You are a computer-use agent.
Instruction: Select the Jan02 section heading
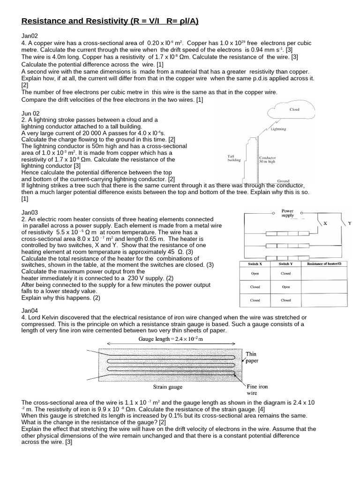pos(30,36)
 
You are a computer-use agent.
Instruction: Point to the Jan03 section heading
pos(30,212)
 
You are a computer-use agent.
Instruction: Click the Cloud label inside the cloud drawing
pos(294,110)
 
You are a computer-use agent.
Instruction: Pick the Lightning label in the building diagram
pos(278,128)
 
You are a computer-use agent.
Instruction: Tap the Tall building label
pos(234,158)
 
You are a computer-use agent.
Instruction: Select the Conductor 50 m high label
pos(268,160)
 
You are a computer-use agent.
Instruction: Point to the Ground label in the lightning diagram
pos(283,180)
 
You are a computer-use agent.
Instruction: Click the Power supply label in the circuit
pos(287,213)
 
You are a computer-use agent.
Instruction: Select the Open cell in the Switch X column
pos(255,274)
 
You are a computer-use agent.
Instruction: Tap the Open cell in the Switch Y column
pos(285,287)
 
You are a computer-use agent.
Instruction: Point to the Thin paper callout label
pos(251,358)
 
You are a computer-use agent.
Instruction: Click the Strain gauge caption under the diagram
pos(167,387)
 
